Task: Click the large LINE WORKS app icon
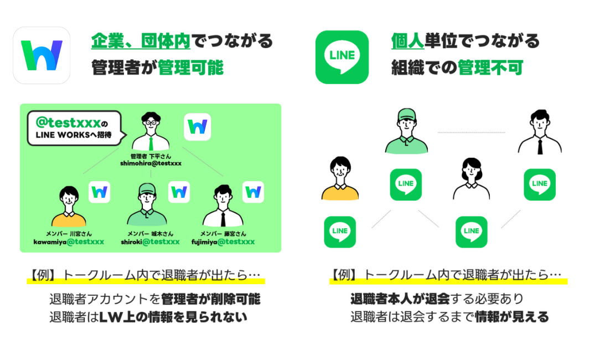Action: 42,55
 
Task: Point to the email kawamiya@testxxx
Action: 69,241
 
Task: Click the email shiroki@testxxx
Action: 150,241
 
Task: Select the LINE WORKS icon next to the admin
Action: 197,127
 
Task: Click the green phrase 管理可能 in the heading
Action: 191,68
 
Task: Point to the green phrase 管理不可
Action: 490,68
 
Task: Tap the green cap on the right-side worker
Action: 407,115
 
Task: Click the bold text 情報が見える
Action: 511,317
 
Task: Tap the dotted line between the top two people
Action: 471,133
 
